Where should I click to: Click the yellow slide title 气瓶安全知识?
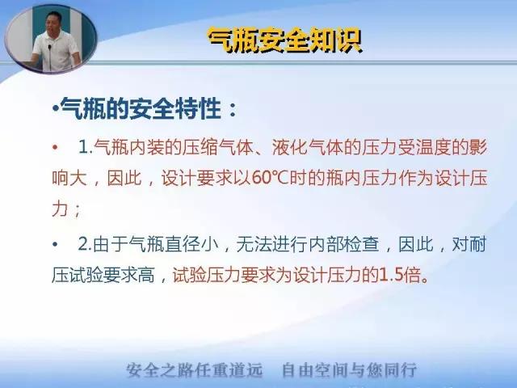(285, 40)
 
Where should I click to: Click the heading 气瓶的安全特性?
(141, 108)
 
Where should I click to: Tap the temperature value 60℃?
(271, 179)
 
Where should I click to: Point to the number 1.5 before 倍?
(391, 275)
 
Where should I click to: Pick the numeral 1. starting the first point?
(86, 147)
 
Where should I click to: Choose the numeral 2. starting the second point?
(85, 245)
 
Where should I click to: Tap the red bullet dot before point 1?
(55, 147)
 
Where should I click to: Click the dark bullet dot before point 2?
(55, 244)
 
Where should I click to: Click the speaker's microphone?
(50, 57)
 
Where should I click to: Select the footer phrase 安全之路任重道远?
(195, 370)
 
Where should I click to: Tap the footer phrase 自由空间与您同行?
(350, 370)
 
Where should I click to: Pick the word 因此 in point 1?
(124, 179)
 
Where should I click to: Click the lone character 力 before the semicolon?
(60, 209)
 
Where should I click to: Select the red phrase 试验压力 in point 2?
(206, 275)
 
